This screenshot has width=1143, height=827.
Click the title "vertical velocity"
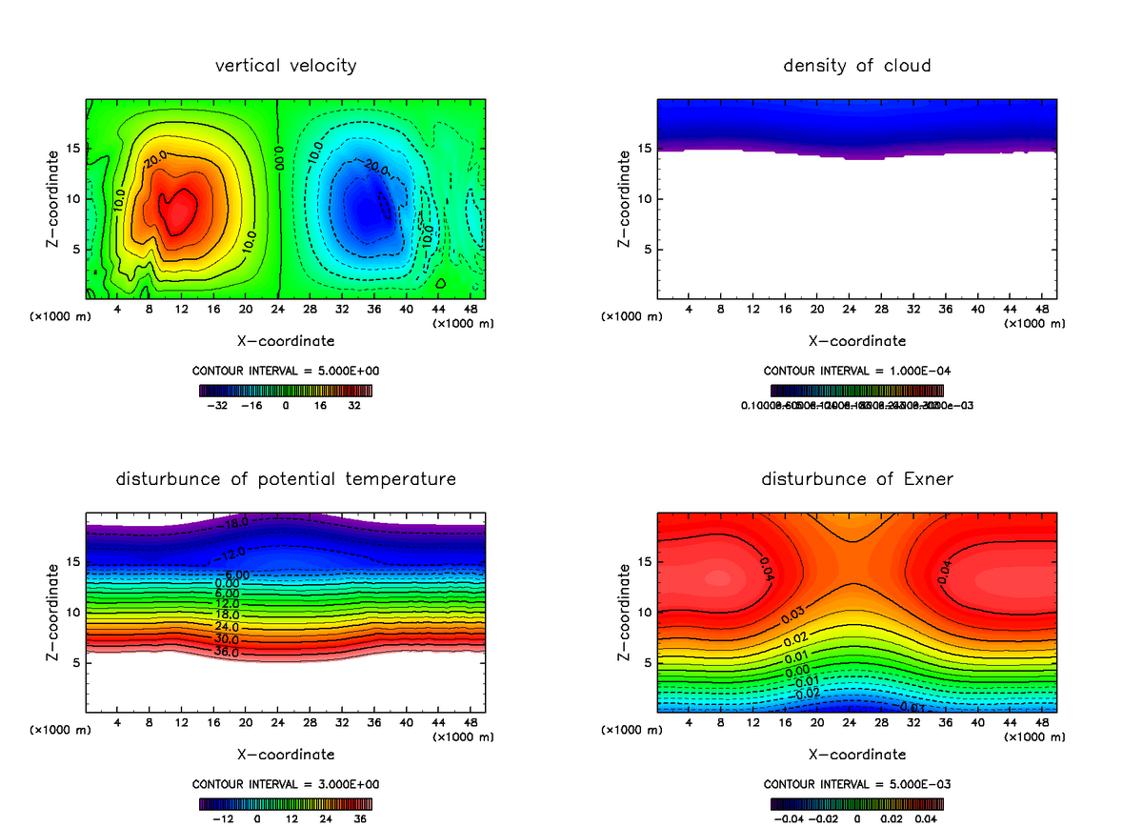tap(286, 66)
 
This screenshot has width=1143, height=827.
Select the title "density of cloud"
tap(856, 66)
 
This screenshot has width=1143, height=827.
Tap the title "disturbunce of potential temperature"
tap(286, 479)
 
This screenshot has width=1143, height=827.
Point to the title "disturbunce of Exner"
tap(856, 479)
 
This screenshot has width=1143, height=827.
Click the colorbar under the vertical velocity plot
tap(286, 390)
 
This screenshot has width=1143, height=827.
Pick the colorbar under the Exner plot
tap(856, 803)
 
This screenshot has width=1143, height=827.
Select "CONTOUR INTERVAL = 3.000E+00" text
tap(286, 784)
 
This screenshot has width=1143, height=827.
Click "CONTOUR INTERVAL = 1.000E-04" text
tap(856, 371)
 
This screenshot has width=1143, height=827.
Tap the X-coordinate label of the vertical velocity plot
tap(286, 340)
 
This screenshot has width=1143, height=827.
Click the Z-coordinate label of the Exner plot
tap(625, 612)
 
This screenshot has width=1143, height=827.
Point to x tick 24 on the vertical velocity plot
tap(277, 310)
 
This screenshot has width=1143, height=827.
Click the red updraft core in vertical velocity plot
tap(177, 212)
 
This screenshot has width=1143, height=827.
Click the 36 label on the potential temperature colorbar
tap(360, 818)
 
